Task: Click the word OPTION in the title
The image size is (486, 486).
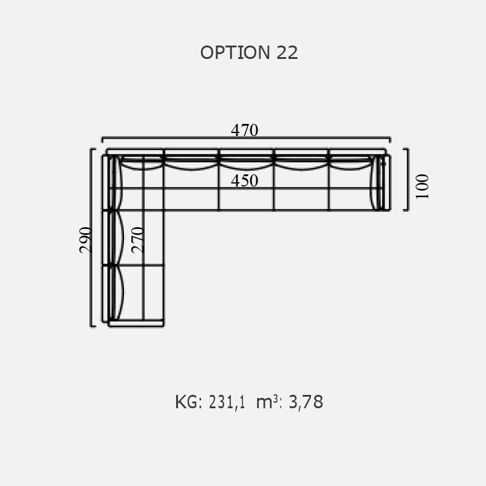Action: [235, 53]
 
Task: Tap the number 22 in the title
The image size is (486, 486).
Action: [287, 53]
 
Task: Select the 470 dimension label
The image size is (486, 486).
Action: [245, 130]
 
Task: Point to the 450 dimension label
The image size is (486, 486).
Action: [245, 180]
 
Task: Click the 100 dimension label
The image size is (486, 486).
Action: [422, 187]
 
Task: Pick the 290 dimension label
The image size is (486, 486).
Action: [86, 240]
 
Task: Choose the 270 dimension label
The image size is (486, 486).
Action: [138, 240]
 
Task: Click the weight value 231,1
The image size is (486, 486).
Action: [227, 402]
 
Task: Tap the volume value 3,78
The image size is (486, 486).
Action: [306, 402]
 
